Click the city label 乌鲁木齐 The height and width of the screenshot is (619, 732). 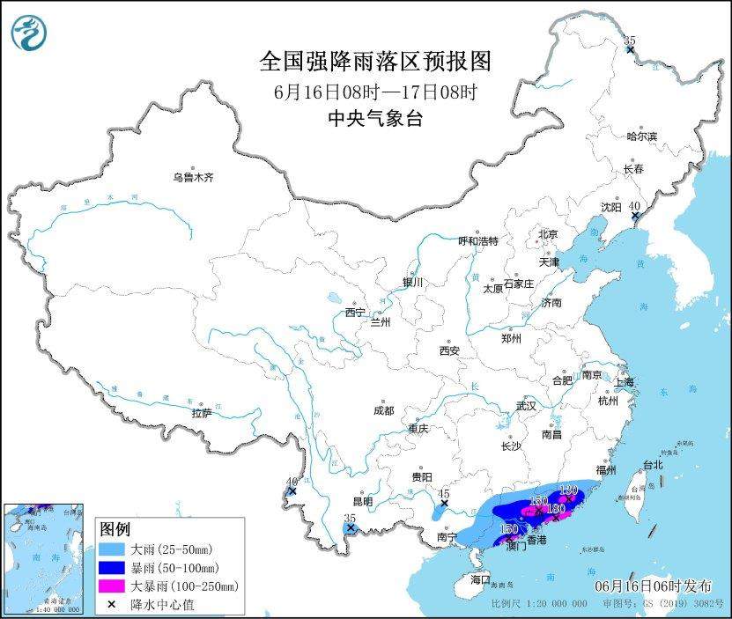tap(193, 177)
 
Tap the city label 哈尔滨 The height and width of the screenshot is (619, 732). tap(641, 136)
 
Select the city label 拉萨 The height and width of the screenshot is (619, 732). tap(202, 413)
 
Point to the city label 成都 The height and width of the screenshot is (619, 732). tap(383, 410)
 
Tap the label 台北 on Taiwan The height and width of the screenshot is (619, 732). tap(651, 464)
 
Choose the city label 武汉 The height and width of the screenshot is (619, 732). tap(526, 407)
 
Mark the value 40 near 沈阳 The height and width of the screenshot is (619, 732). tap(634, 205)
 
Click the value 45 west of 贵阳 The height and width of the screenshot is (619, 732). tap(444, 494)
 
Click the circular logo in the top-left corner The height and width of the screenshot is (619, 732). tap(29, 33)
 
